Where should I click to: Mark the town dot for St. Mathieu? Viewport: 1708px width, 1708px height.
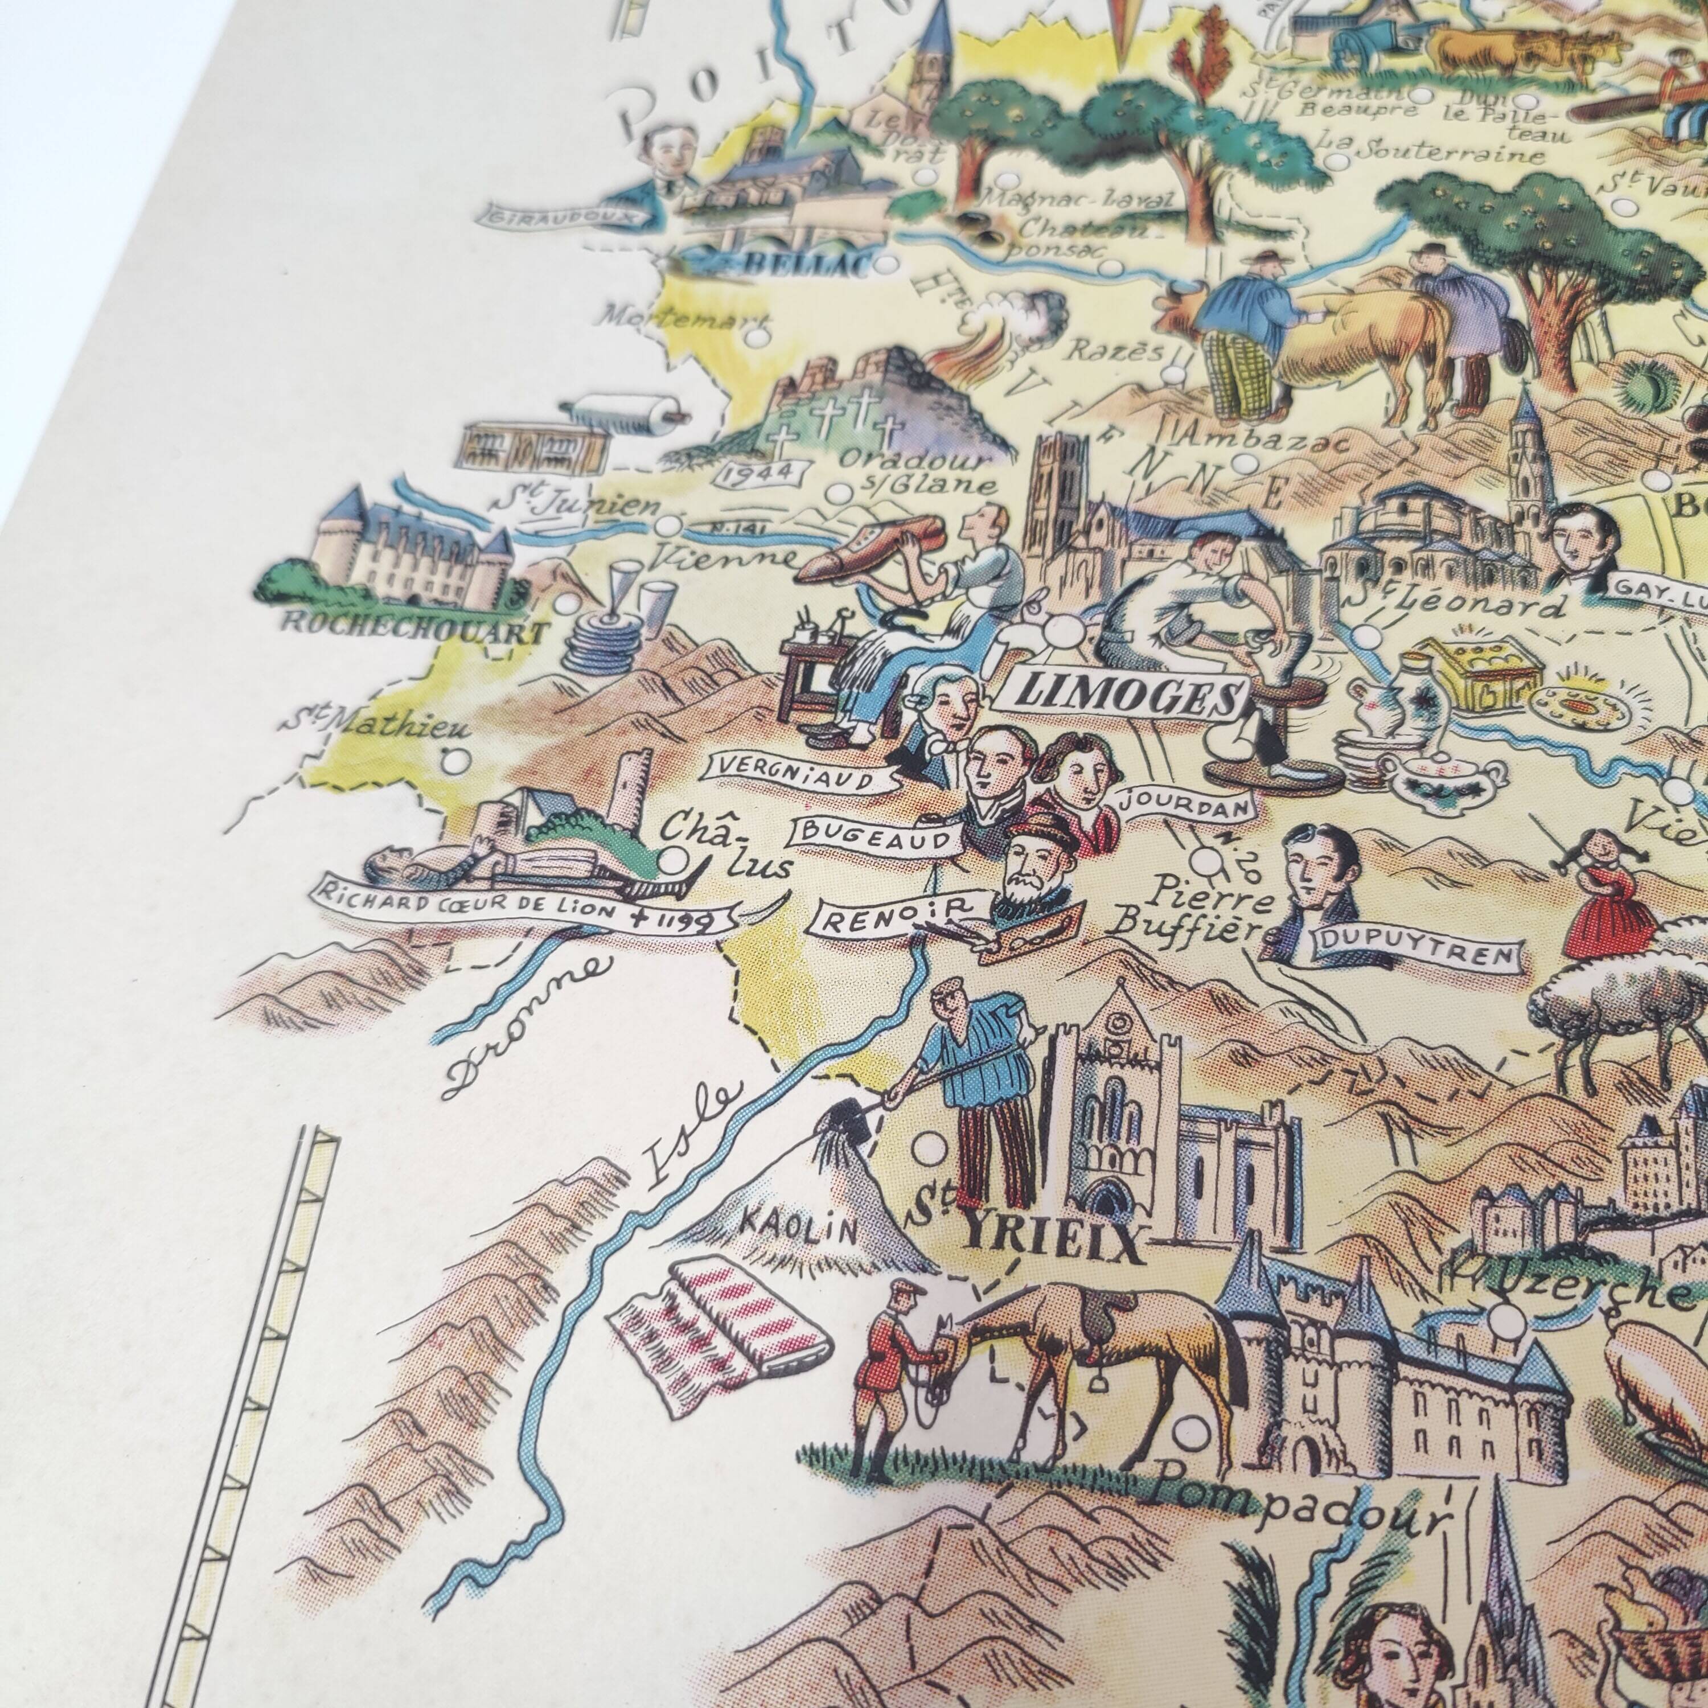(455, 758)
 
